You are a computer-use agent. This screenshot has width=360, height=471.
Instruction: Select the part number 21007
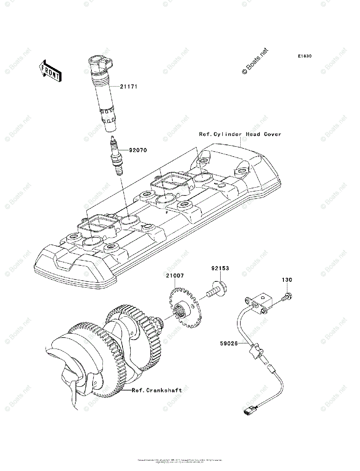pos(174,276)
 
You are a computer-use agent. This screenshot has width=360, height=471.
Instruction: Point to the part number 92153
pos(219,268)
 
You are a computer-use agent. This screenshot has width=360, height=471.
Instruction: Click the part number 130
pos(287,280)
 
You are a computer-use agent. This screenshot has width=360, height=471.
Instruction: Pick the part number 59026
pos(229,343)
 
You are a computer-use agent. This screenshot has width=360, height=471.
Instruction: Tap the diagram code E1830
pos(304,56)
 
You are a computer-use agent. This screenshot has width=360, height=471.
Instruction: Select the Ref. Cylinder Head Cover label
pos(240,134)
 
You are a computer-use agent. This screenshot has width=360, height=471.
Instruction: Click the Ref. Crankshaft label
pos(157,390)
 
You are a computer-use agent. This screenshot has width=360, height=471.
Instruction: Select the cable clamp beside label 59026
pos(254,349)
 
